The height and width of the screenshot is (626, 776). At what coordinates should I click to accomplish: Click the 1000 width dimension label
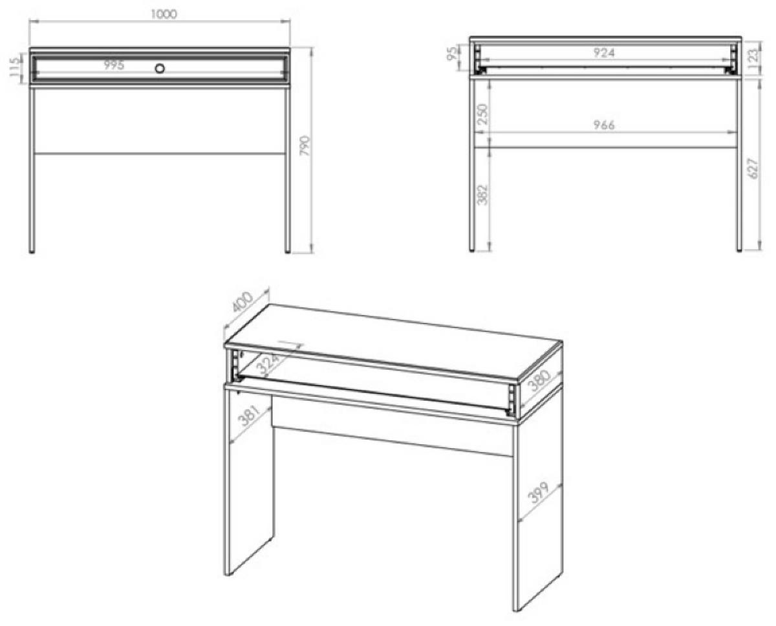pyautogui.click(x=164, y=14)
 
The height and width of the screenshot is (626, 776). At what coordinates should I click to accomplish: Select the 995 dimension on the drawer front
pyautogui.click(x=114, y=65)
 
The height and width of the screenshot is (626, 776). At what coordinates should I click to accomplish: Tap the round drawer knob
pyautogui.click(x=160, y=68)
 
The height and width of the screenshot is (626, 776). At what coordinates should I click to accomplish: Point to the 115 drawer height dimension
pyautogui.click(x=16, y=67)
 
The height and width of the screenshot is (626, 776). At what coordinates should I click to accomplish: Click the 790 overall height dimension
pyautogui.click(x=305, y=146)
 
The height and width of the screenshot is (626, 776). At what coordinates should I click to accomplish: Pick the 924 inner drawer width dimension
pyautogui.click(x=604, y=53)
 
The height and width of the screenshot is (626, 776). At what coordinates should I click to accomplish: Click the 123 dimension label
pyautogui.click(x=753, y=56)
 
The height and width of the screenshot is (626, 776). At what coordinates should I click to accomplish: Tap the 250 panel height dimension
pyautogui.click(x=482, y=114)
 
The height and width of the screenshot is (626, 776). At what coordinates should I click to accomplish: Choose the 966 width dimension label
pyautogui.click(x=604, y=125)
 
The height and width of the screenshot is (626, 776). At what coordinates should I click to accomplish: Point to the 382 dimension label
pyautogui.click(x=482, y=195)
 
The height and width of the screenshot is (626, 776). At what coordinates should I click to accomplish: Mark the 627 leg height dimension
pyautogui.click(x=753, y=168)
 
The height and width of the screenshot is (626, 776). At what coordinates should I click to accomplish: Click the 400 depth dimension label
pyautogui.click(x=242, y=302)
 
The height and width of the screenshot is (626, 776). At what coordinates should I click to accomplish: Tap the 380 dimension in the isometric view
pyautogui.click(x=540, y=381)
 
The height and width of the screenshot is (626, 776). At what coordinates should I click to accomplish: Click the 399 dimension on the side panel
pyautogui.click(x=538, y=492)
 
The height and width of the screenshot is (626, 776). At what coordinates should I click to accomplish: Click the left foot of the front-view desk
pyautogui.click(x=32, y=252)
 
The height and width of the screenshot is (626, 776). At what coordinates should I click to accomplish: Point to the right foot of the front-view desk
pyautogui.click(x=287, y=252)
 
